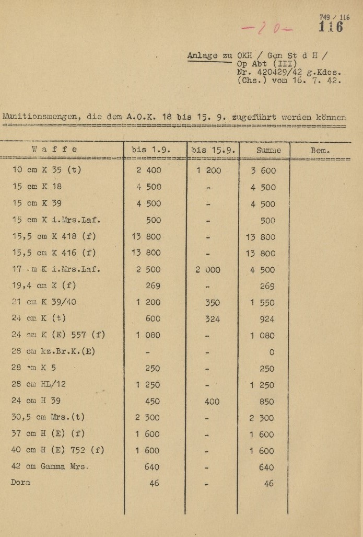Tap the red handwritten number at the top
[x=272, y=29]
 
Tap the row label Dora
[x=20, y=483]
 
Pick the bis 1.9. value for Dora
[x=154, y=484]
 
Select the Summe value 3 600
[x=263, y=170]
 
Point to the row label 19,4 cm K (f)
[x=44, y=285]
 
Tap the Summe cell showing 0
[x=272, y=352]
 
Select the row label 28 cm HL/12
[x=39, y=384]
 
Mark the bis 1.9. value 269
[x=153, y=285]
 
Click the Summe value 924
[x=267, y=318]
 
